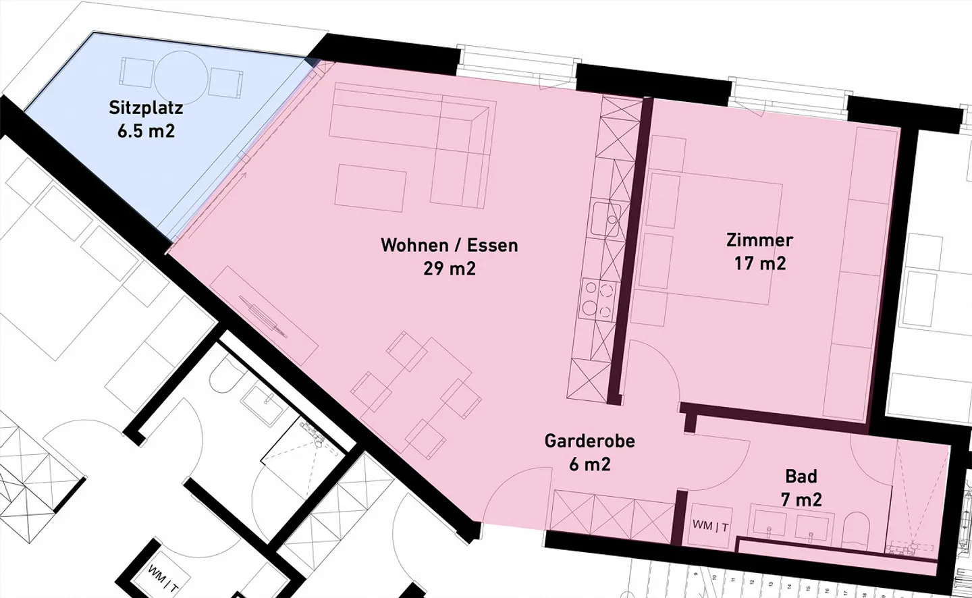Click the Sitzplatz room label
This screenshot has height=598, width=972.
[x=146, y=108]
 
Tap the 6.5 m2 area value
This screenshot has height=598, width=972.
[x=146, y=131]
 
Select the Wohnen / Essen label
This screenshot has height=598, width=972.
[x=450, y=246]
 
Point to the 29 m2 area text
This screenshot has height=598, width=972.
[x=450, y=269]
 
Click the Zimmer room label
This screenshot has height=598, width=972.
[x=759, y=240]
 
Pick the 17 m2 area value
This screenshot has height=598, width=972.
[x=760, y=263]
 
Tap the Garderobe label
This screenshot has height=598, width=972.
[x=590, y=441]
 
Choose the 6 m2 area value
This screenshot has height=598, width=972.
[x=590, y=464]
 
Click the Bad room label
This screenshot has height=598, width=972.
[x=801, y=477]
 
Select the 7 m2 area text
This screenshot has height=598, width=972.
[x=801, y=500]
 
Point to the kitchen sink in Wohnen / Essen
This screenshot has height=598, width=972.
[x=606, y=219]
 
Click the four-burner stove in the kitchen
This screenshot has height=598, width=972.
[x=599, y=300]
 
